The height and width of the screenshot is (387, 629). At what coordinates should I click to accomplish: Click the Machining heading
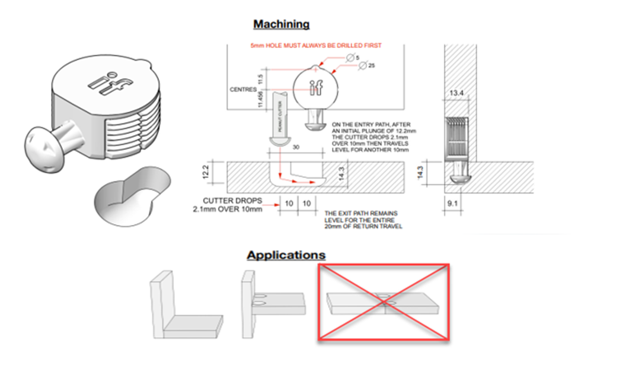coord(281,24)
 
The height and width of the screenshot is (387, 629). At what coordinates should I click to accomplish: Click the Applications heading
coord(286,255)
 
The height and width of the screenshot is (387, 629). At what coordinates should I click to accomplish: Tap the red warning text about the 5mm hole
coord(316,45)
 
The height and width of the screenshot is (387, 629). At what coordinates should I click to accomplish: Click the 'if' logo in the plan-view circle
coord(316,87)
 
